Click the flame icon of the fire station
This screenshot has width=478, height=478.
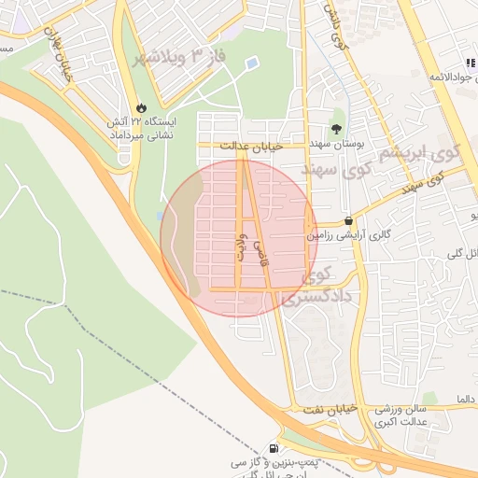coord(142,108)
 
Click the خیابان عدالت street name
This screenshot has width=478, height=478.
coord(245,146)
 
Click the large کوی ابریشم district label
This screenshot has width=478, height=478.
coord(431,155)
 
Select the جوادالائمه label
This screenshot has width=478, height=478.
coord(444,75)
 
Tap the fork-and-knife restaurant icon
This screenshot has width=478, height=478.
coord(469,63)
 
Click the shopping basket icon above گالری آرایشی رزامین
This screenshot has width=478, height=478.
coord(349,220)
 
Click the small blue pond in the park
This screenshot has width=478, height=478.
coord(251,63)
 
